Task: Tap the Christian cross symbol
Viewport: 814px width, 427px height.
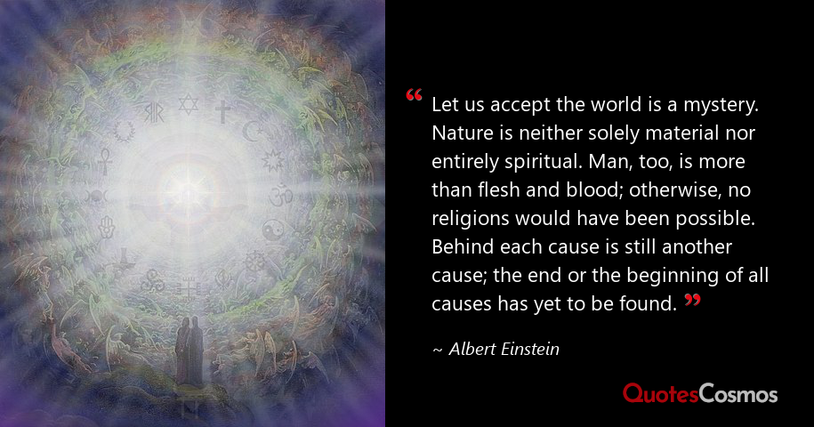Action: point(222,111)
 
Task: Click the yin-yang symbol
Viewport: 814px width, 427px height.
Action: point(273,228)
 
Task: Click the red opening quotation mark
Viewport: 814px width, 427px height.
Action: point(414,96)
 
